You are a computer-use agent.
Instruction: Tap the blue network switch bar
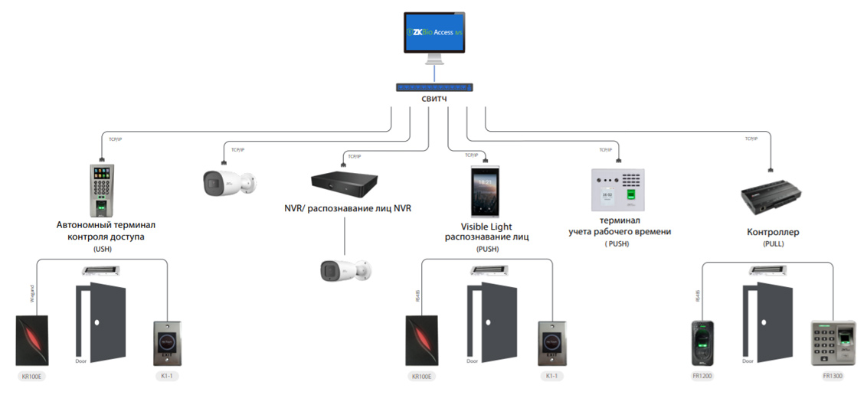pyautogui.click(x=434, y=87)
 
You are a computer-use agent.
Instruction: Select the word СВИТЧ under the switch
pyautogui.click(x=434, y=100)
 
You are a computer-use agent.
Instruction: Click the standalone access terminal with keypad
pyautogui.click(x=101, y=190)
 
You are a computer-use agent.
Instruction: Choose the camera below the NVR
pyautogui.click(x=345, y=270)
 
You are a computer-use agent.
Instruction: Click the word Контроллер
pyautogui.click(x=773, y=232)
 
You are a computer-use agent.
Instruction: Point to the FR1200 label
pyautogui.click(x=702, y=377)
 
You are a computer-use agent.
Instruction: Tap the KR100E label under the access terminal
pyautogui.click(x=32, y=377)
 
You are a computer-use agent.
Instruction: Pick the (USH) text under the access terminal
pyautogui.click(x=102, y=250)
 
